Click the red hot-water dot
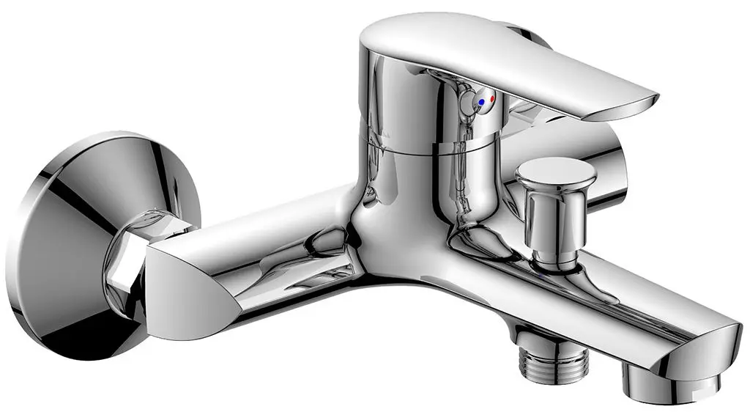click(492, 98)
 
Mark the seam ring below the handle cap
click(425, 150)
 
